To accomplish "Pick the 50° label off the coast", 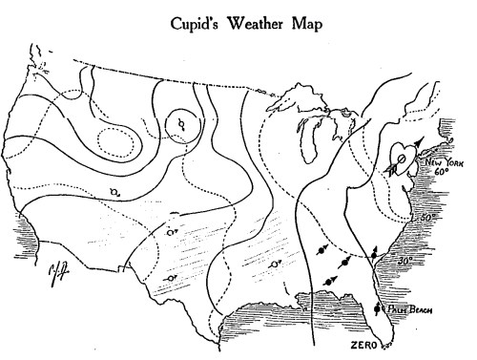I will tap(429, 218).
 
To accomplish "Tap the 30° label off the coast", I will tap(406, 261).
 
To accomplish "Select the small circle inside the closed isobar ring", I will tap(180, 123).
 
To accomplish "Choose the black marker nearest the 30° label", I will tap(374, 253).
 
